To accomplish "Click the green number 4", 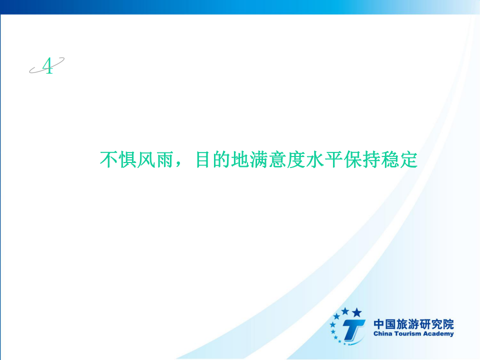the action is (x=48, y=66).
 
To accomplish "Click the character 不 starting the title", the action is (x=109, y=159).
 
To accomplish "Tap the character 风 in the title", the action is (x=145, y=159).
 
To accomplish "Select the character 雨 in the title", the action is (x=164, y=159).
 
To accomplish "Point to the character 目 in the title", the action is (x=202, y=159).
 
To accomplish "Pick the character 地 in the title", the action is (x=239, y=159).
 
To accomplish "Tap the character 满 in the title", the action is (x=258, y=159).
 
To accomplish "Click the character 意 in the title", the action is (x=277, y=159).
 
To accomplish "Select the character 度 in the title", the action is (x=295, y=159).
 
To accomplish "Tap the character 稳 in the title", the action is (x=390, y=159).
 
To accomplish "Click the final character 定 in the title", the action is (x=408, y=159).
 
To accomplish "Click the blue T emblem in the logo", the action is (x=353, y=330).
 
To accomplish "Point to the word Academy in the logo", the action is (x=438, y=334).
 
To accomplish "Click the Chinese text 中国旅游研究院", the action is (x=413, y=324).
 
